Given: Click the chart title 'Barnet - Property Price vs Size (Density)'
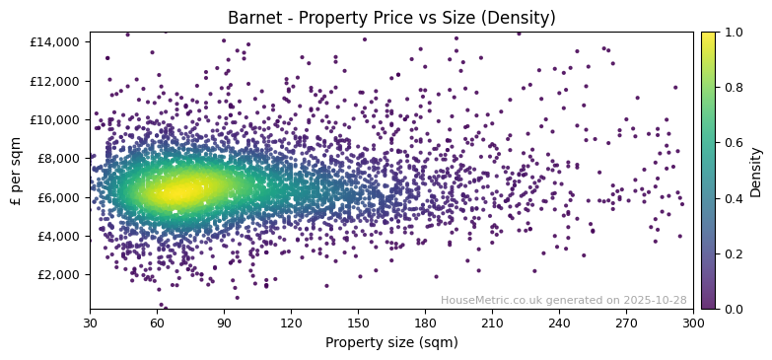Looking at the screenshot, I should (391, 18).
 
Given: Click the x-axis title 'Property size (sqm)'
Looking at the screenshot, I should (391, 343).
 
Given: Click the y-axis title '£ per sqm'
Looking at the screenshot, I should (17, 171).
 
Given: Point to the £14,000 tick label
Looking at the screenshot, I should (56, 42).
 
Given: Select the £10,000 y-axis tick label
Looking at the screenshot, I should (56, 119).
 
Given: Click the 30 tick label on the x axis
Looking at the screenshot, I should (90, 323).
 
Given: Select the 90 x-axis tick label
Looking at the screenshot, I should (224, 323).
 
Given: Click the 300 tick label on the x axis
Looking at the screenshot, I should (693, 323).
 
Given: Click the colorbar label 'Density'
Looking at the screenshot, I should (756, 171).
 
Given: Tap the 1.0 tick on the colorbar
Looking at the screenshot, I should (734, 33).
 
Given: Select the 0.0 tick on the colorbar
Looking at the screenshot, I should (734, 310).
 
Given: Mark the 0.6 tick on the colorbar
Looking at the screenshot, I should (734, 143).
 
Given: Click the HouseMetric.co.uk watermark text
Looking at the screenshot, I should (563, 301).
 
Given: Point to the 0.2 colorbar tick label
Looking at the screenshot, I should (734, 254).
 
